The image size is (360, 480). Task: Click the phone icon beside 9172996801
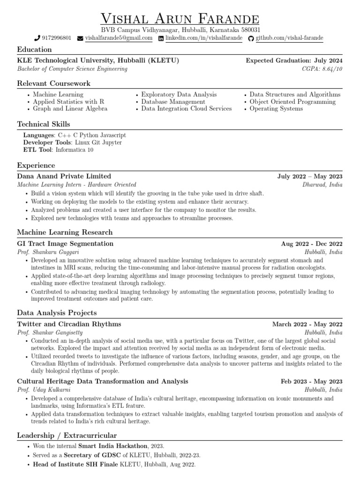tap(37, 38)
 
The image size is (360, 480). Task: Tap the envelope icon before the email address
tap(80, 38)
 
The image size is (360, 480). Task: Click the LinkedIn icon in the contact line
tap(161, 38)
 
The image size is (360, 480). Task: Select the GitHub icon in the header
tap(251, 38)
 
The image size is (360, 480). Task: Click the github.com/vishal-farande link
tap(289, 38)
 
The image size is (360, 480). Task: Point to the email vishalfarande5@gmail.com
tap(119, 38)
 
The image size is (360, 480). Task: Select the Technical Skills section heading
tap(44, 124)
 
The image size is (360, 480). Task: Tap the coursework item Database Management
tap(173, 102)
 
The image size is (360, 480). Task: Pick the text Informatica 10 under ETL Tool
tap(75, 150)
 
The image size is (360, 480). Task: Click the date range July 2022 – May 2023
tap(310, 177)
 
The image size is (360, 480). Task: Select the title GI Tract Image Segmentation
tap(65, 244)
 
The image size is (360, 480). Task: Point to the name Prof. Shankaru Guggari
tap(48, 252)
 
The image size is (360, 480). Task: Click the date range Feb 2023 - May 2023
tap(311, 382)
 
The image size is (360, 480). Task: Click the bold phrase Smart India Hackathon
tap(113, 446)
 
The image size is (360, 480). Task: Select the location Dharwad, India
tap(322, 185)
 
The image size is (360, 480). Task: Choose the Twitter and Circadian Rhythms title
tap(69, 324)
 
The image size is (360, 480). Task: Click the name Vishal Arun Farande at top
tap(180, 19)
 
